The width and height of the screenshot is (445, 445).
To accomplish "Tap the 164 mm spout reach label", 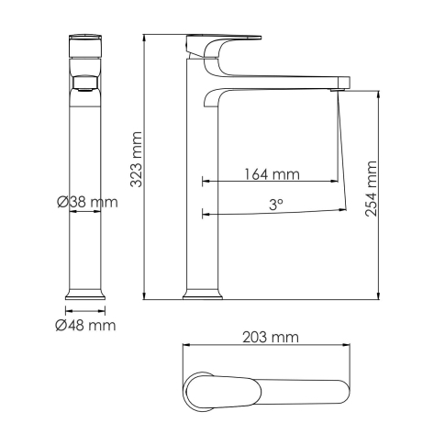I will click(273, 173).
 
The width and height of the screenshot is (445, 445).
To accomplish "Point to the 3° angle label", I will click(275, 206).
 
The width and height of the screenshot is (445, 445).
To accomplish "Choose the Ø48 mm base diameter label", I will click(85, 325).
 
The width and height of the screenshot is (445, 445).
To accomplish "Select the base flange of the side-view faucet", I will click(202, 295).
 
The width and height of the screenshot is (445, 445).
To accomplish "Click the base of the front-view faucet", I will click(86, 295).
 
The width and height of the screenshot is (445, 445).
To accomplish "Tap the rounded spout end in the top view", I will click(341, 393).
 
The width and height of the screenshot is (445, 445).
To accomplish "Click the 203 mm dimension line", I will click(266, 347).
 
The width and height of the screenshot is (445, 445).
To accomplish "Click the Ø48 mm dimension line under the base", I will click(85, 310).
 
